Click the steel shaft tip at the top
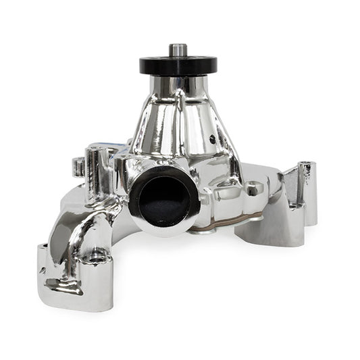(x=178, y=49)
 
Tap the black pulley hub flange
(x=178, y=65)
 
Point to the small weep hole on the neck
(x=212, y=140)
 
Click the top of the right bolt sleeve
(x=307, y=165)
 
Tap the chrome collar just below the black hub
(x=178, y=84)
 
